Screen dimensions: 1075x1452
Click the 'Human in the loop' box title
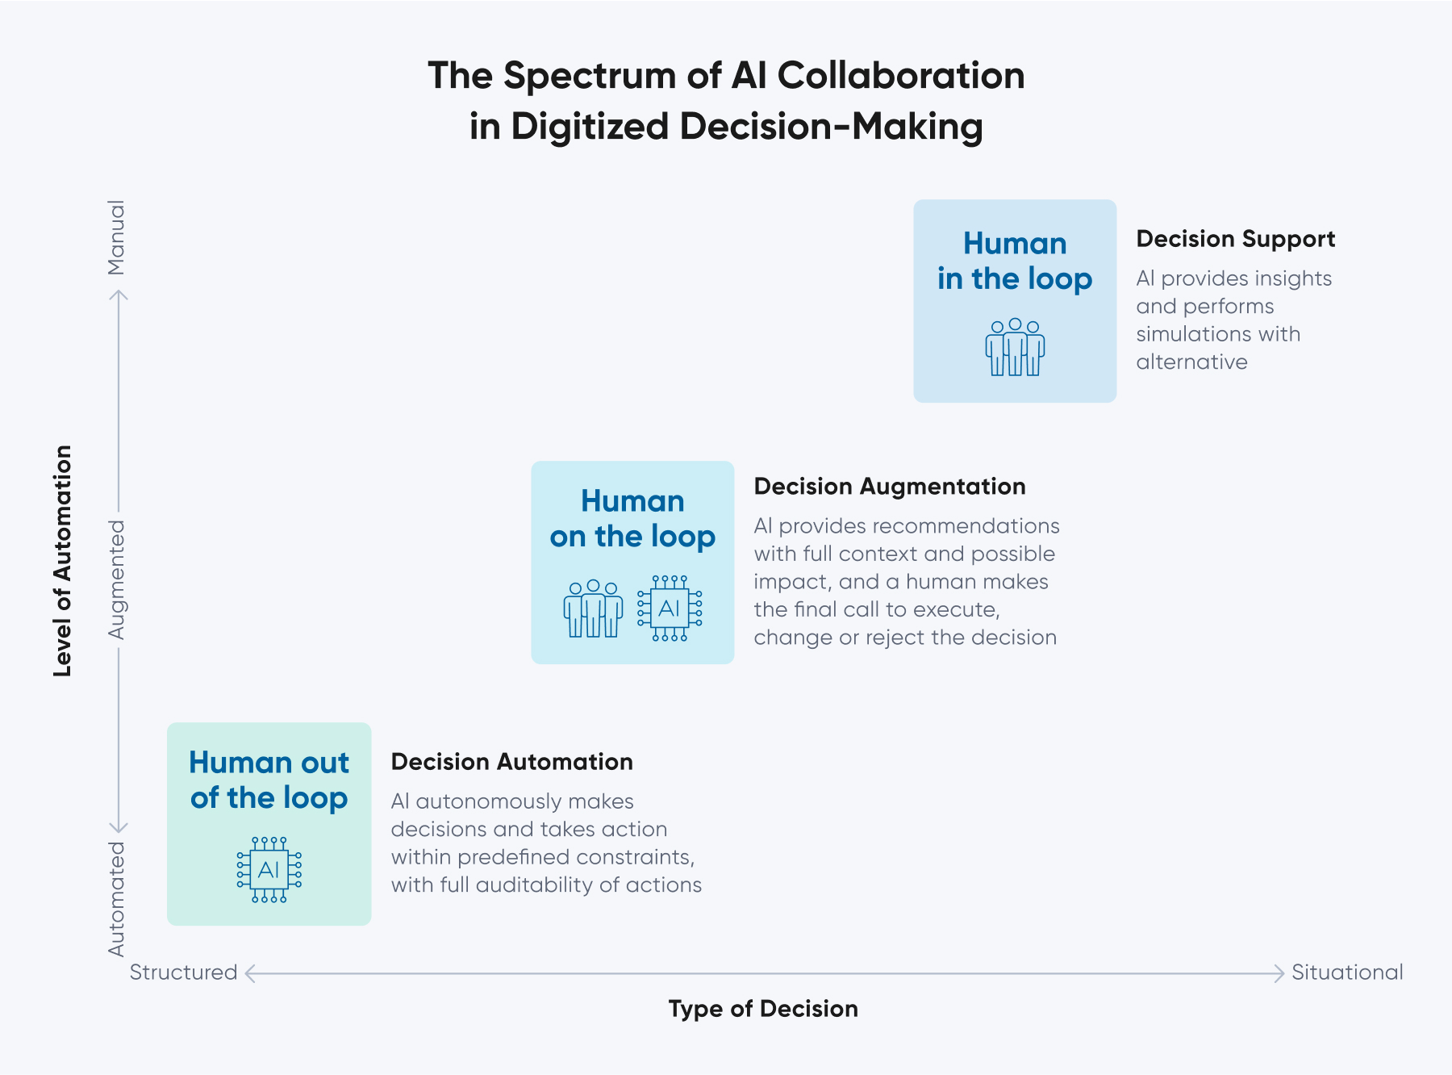click(x=1015, y=261)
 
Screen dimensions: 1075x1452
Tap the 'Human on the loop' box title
click(x=632, y=518)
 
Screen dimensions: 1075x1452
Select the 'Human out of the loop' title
click(x=269, y=780)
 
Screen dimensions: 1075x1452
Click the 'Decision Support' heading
click(x=1235, y=239)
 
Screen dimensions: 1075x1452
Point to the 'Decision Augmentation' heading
click(x=889, y=487)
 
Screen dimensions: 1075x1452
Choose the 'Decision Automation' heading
click(x=511, y=762)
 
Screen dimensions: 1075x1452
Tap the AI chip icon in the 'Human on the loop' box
click(x=670, y=609)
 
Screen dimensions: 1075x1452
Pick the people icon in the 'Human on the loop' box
click(x=593, y=609)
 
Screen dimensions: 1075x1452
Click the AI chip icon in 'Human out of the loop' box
click(x=269, y=870)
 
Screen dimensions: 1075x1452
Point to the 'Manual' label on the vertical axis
click(x=117, y=237)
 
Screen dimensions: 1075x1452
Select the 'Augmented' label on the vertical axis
click(x=117, y=579)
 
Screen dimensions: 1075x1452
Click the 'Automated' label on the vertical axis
click(x=117, y=898)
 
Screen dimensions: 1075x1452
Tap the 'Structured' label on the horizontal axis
click(x=183, y=973)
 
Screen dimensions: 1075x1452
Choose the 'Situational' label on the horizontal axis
click(x=1346, y=973)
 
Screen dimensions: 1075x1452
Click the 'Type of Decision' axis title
click(x=763, y=1009)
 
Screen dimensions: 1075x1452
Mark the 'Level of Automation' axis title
click(x=62, y=560)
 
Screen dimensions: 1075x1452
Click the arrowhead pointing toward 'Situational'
click(x=1279, y=973)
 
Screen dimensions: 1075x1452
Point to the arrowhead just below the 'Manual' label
click(x=119, y=295)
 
